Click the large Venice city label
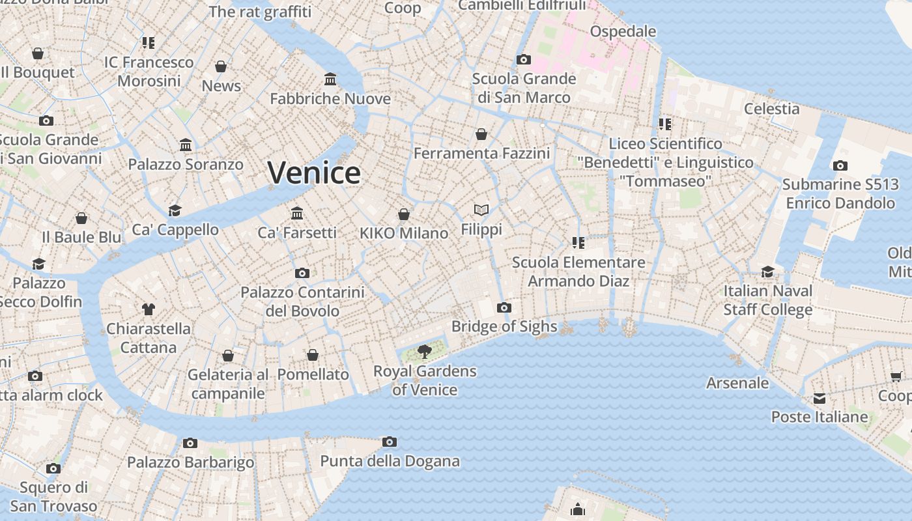(314, 173)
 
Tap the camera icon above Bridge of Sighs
(504, 307)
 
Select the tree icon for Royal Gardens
(425, 352)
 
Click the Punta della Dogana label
(390, 462)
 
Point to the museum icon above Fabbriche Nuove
(330, 79)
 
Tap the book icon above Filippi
(481, 210)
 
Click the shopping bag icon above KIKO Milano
(404, 214)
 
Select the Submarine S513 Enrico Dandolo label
(840, 194)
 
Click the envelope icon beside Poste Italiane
(819, 398)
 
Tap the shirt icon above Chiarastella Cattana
(149, 309)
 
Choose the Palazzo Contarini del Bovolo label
(302, 302)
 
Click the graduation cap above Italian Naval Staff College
(768, 272)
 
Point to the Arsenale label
(737, 383)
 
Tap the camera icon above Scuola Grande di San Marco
(524, 60)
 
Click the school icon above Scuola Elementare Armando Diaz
(578, 243)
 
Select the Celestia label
(772, 109)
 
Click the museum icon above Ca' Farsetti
(297, 213)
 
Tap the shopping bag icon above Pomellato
(313, 355)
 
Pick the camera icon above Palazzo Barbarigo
(190, 443)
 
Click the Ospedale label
(623, 31)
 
